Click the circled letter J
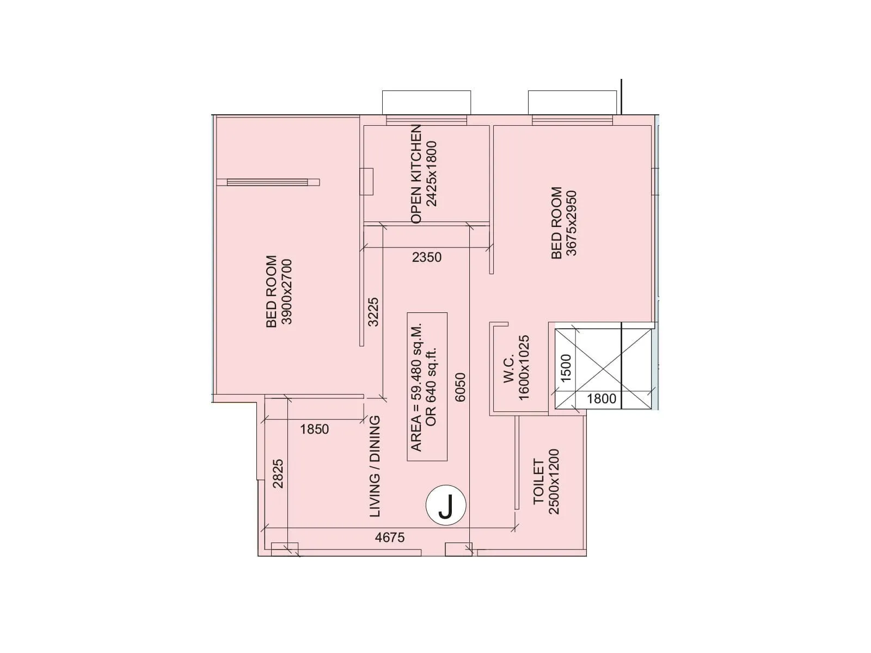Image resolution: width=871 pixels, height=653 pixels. pyautogui.click(x=446, y=506)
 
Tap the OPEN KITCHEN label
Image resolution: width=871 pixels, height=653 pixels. pyautogui.click(x=416, y=174)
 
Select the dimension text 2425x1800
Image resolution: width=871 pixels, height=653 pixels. pyautogui.click(x=432, y=174)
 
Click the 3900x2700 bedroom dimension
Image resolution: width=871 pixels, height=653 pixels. pyautogui.click(x=286, y=292)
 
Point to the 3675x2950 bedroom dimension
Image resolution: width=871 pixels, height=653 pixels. pyautogui.click(x=571, y=223)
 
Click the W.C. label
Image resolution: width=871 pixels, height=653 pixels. pyautogui.click(x=509, y=370)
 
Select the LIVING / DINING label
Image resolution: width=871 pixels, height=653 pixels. pyautogui.click(x=375, y=466)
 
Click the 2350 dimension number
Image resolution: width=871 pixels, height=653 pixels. pyautogui.click(x=427, y=257)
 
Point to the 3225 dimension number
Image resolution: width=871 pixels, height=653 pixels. pyautogui.click(x=373, y=312)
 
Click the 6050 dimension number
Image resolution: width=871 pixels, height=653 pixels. pyautogui.click(x=461, y=387)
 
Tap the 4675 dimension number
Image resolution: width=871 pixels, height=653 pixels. pyautogui.click(x=390, y=538)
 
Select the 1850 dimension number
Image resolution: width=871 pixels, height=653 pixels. pyautogui.click(x=314, y=429)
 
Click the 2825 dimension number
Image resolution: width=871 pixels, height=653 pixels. pyautogui.click(x=278, y=473)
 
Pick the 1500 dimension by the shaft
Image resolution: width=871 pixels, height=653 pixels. pyautogui.click(x=566, y=368)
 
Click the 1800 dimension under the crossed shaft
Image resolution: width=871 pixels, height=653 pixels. pyautogui.click(x=602, y=399)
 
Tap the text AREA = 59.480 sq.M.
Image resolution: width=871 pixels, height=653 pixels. pyautogui.click(x=416, y=387)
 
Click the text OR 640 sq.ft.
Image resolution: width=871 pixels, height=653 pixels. pyautogui.click(x=432, y=387)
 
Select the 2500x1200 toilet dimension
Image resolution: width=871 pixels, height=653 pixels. pyautogui.click(x=554, y=482)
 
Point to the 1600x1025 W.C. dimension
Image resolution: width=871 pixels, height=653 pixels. pyautogui.click(x=524, y=368)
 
